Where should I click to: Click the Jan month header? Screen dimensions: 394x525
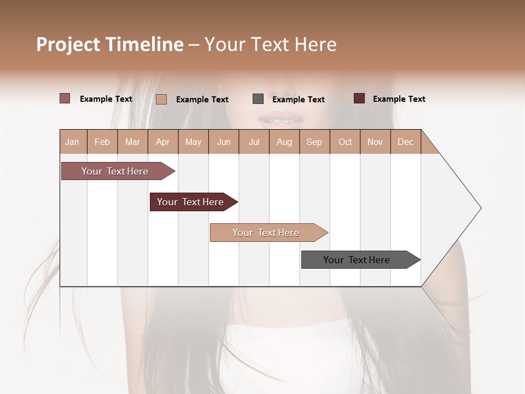[x=73, y=142]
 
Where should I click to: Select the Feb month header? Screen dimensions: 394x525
[x=102, y=142]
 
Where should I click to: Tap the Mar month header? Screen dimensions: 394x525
[x=132, y=142]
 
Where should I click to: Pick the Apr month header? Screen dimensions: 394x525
[x=163, y=142]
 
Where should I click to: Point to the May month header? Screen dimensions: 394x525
[x=193, y=142]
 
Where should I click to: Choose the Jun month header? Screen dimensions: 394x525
[x=224, y=142]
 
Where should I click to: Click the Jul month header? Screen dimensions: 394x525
[x=254, y=142]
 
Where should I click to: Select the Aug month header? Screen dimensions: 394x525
[x=284, y=142]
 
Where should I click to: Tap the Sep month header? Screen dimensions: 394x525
[x=314, y=142]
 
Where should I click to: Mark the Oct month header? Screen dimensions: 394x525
[x=345, y=142]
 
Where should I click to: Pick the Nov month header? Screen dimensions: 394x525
[x=375, y=142]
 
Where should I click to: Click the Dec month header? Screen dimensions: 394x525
[x=405, y=142]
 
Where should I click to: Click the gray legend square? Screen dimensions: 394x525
[x=258, y=99]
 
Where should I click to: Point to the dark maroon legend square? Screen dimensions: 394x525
[x=359, y=99]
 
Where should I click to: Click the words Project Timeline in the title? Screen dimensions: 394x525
[x=110, y=44]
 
